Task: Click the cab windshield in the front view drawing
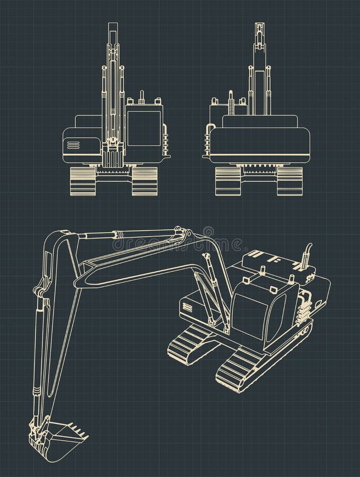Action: (x=144, y=128)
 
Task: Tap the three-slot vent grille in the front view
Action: (x=73, y=145)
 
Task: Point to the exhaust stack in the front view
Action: (x=142, y=98)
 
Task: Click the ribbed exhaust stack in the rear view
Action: (x=231, y=103)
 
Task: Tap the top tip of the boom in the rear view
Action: (x=259, y=26)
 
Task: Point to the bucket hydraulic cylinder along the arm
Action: (x=39, y=339)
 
